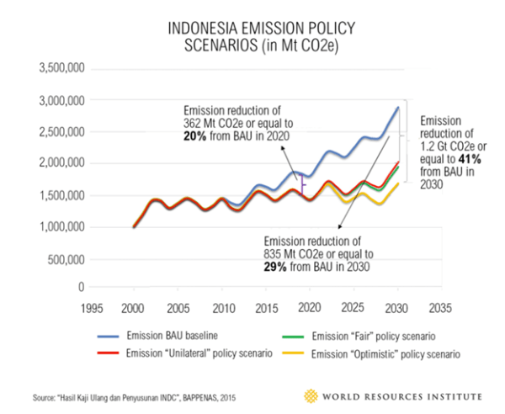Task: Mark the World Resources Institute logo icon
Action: pyautogui.click(x=312, y=395)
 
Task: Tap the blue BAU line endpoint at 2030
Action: pyautogui.click(x=398, y=108)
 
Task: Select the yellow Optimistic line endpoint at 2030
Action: pyautogui.click(x=398, y=184)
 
